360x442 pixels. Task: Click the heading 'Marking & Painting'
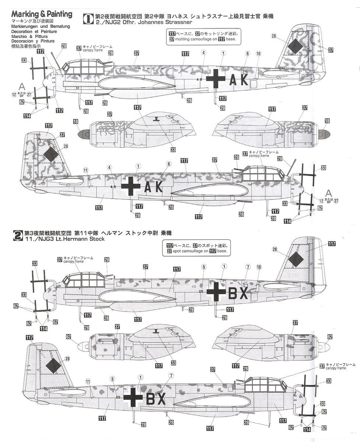pos(42,14)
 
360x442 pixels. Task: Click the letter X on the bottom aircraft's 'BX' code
pos(161,400)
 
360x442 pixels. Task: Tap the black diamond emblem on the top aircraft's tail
pos(295,47)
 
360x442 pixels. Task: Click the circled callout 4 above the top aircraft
pos(203,53)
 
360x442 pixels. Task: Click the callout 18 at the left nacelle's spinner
pos(76,122)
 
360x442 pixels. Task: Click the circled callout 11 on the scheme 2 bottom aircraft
pos(88,381)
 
